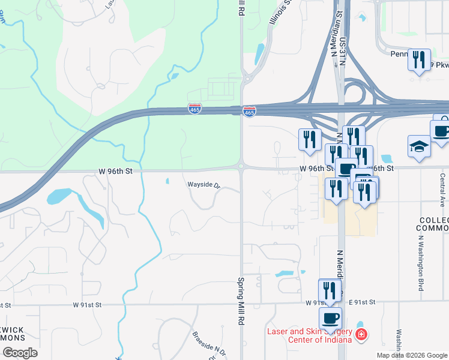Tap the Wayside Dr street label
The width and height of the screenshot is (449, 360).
(x=204, y=185)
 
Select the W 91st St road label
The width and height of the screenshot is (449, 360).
(x=88, y=305)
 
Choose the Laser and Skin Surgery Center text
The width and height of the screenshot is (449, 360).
(x=309, y=336)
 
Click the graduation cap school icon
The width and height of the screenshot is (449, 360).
(x=419, y=145)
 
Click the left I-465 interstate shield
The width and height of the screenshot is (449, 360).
(x=194, y=108)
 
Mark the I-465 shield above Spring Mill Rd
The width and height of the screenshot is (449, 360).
(x=250, y=112)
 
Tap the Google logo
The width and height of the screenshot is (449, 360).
(x=20, y=353)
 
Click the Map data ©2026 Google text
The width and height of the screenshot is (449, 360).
(x=412, y=355)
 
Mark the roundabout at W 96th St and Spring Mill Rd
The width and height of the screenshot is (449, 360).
(x=241, y=166)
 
